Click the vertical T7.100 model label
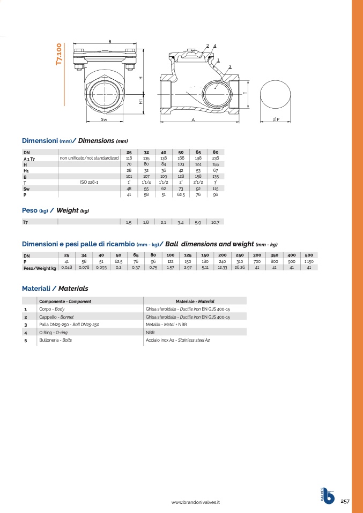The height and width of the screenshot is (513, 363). coord(59,54)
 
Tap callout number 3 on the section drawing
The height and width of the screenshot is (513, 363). coord(230,66)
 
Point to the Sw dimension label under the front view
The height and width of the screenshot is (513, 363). coord(104,119)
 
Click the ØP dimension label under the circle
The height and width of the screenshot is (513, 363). coord(276,119)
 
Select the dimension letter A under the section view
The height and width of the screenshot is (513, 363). coord(193,120)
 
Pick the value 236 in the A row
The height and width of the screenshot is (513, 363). coord(215,158)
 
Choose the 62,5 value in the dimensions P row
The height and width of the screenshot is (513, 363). coord(181,195)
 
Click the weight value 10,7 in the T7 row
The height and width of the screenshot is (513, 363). coord(215,222)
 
